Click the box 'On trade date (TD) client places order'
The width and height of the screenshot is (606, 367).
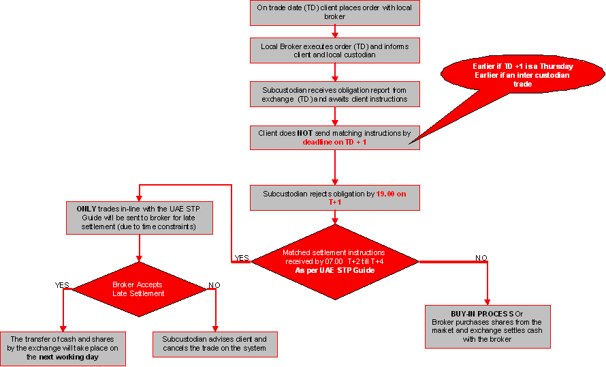click(334, 13)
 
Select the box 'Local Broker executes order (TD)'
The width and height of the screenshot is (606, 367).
click(334, 50)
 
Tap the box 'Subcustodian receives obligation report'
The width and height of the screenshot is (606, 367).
click(334, 94)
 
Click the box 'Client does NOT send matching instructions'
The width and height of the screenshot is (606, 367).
click(334, 137)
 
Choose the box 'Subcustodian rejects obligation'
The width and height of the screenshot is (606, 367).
click(334, 198)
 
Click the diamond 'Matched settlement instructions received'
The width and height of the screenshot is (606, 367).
click(334, 262)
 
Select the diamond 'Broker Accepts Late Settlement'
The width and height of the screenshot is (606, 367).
click(139, 289)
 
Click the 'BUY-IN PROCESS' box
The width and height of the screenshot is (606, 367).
click(487, 327)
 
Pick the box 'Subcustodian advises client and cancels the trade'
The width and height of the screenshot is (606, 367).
click(214, 344)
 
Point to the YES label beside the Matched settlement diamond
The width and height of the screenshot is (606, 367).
click(241, 258)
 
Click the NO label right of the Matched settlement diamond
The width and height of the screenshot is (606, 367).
click(481, 258)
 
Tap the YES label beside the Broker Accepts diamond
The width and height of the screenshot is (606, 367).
click(62, 284)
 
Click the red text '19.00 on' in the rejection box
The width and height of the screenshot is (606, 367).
click(391, 194)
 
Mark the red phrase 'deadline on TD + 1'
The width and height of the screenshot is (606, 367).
click(334, 142)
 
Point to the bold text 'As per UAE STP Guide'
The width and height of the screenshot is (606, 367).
click(334, 271)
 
